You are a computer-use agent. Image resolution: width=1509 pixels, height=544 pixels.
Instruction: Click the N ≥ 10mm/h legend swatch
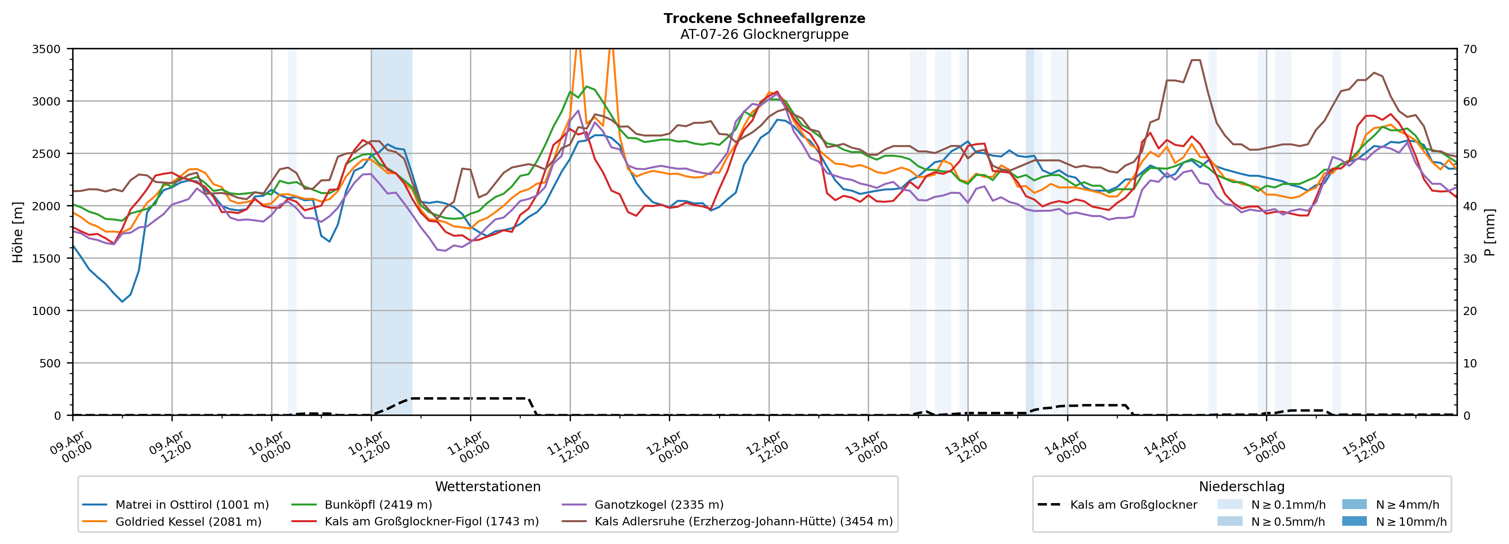point(1354,521)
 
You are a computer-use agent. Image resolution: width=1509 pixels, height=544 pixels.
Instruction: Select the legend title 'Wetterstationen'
point(488,486)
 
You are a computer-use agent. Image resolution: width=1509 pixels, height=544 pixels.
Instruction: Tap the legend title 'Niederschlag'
point(1241,486)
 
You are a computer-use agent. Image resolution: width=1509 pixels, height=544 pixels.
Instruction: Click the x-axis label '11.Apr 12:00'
point(569,448)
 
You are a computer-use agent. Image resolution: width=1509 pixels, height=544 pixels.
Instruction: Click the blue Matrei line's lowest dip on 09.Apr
point(122,302)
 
